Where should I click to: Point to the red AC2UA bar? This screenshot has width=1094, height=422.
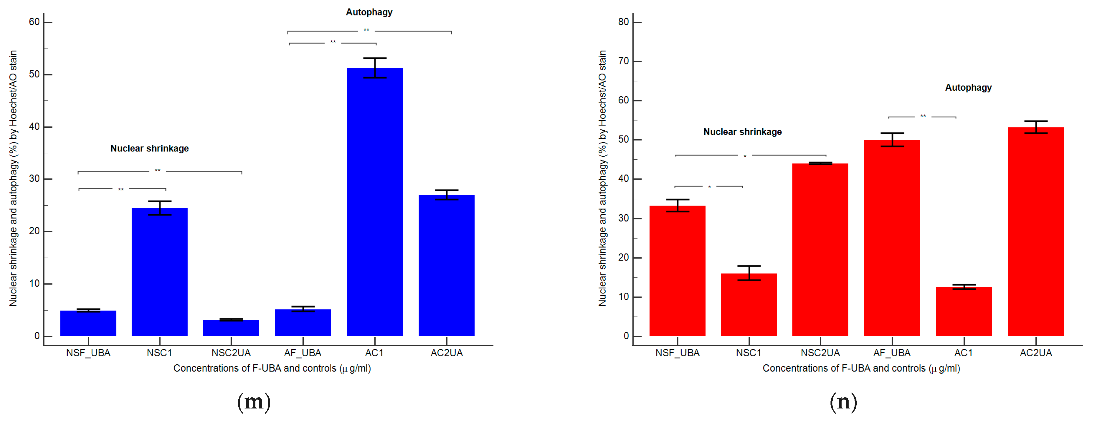pyautogui.click(x=1035, y=232)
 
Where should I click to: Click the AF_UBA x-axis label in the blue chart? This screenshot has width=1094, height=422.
pyautogui.click(x=302, y=353)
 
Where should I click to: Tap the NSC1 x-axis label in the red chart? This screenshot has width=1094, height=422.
pyautogui.click(x=748, y=353)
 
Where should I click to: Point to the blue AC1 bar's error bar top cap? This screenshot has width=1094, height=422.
pyautogui.click(x=375, y=58)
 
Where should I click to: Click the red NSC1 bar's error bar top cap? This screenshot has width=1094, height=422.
pyautogui.click(x=749, y=266)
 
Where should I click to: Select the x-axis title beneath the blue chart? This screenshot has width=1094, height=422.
pyautogui.click(x=272, y=368)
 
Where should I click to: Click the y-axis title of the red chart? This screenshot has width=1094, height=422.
pyautogui.click(x=602, y=179)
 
